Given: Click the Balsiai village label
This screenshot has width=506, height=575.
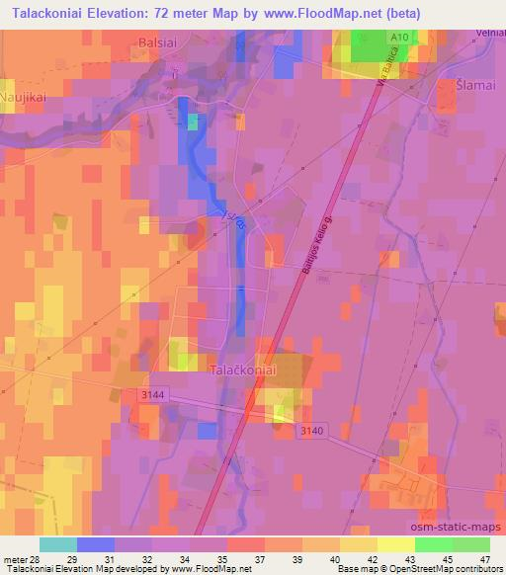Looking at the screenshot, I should [156, 43].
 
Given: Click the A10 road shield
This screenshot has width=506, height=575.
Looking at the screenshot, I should [398, 36].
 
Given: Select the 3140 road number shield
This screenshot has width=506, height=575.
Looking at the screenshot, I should [312, 429].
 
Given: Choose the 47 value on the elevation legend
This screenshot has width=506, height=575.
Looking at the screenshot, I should [484, 559].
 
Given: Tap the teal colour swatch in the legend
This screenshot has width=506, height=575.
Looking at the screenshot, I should [58, 544].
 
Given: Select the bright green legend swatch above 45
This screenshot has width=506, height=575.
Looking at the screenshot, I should [434, 544].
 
